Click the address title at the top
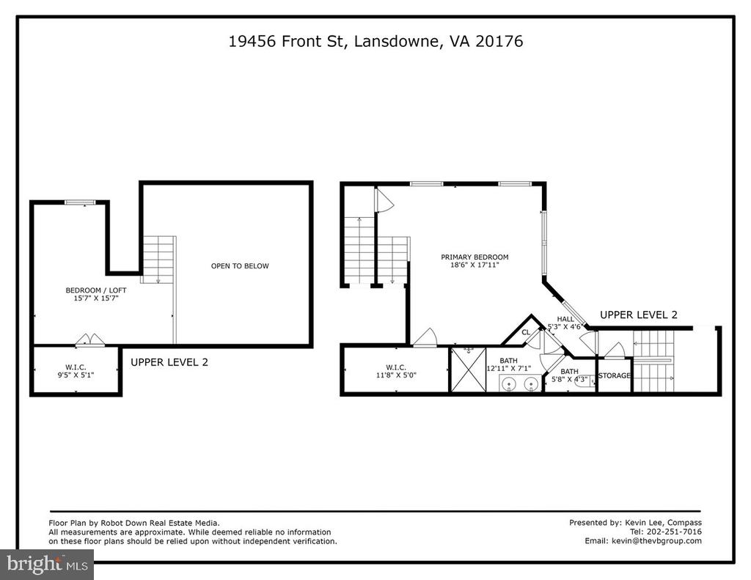click(x=375, y=41)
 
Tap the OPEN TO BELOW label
click(x=240, y=266)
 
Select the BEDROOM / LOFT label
click(x=96, y=290)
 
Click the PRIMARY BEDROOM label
click(x=475, y=257)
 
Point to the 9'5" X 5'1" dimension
click(x=76, y=375)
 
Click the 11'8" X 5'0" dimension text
click(x=396, y=375)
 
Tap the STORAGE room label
click(x=615, y=375)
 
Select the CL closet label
click(x=526, y=332)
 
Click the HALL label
click(x=565, y=319)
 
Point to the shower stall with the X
click(x=469, y=370)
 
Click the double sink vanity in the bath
click(x=520, y=383)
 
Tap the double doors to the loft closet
click(x=89, y=339)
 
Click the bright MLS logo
click(x=47, y=565)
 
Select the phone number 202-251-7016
click(x=674, y=532)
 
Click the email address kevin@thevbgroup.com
click(x=656, y=540)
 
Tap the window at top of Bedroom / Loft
click(x=81, y=202)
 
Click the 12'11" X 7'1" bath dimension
click(x=509, y=368)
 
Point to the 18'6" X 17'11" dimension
click(x=475, y=265)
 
